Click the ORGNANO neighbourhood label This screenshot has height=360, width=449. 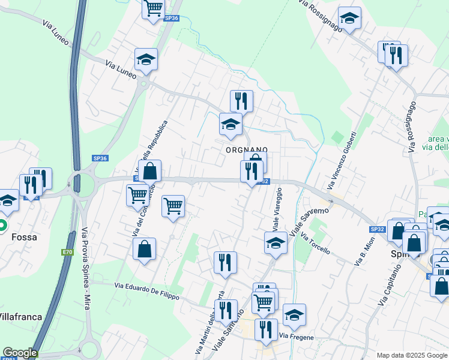[246, 149]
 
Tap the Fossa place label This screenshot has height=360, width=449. [24, 237]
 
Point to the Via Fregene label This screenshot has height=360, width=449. [297, 337]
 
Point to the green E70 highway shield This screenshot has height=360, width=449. [66, 253]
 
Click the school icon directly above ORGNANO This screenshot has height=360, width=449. [231, 125]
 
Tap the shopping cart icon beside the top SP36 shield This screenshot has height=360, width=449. [154, 8]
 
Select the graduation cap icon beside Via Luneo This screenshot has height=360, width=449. [146, 59]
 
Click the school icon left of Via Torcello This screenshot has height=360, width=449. [276, 243]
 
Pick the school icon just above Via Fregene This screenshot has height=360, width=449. [294, 315]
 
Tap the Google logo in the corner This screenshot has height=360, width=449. [20, 353]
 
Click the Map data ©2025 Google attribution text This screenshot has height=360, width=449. [411, 355]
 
